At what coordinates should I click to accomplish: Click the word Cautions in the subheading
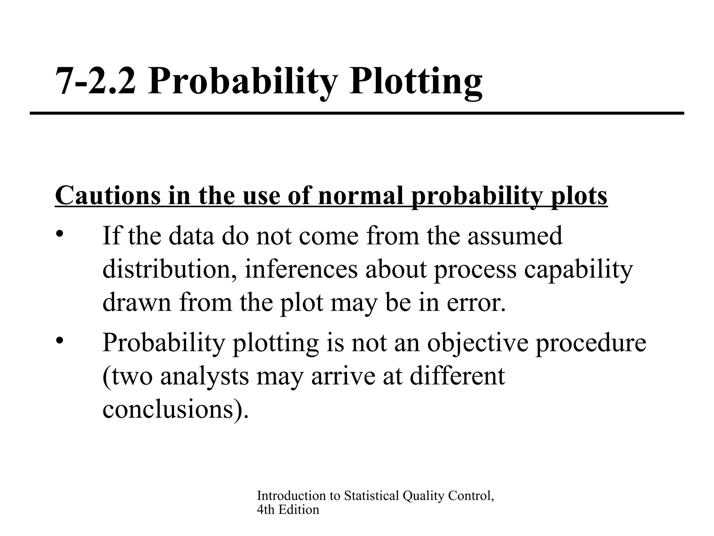108,195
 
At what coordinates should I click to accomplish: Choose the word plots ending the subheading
579,196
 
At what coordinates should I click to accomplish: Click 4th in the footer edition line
266,510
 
